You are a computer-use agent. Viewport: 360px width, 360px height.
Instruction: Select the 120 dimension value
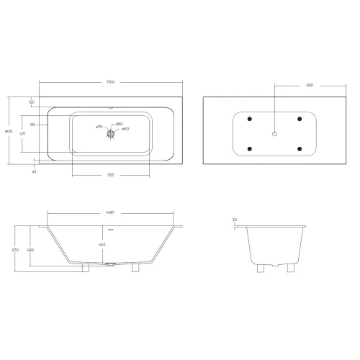pos(32,102)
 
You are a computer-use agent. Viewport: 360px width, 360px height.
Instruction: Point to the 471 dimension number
pos(22,133)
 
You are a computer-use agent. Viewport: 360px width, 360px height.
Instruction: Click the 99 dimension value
pos(32,125)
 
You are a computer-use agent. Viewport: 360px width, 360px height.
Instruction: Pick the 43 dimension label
pos(34,171)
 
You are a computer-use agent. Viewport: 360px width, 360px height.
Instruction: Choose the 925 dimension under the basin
pos(110,175)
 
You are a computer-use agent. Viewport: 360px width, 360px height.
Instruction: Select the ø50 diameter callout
pos(125,129)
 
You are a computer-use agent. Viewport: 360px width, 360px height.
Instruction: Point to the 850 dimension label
pos(310,84)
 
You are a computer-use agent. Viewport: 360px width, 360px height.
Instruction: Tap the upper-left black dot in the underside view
pos(249,118)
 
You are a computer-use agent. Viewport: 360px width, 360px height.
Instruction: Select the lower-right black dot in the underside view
pos(300,149)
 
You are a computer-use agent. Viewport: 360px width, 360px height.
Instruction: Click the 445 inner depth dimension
pos(110,244)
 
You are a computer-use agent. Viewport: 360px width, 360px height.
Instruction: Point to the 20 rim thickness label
pos(235,221)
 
